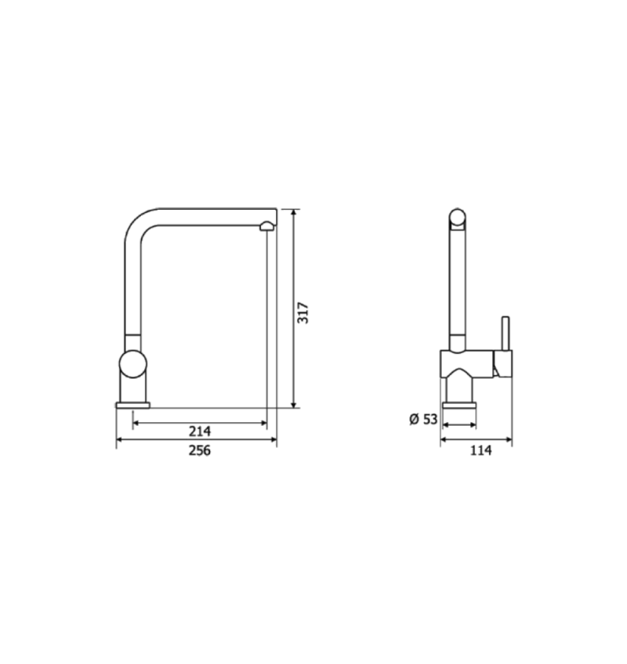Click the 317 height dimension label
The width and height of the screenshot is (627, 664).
tap(303, 312)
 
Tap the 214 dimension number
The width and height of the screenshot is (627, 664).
tap(200, 431)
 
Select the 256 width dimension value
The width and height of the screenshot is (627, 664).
tap(200, 450)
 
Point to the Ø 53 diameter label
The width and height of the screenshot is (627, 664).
tap(423, 419)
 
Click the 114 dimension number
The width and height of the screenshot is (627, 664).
tap(480, 450)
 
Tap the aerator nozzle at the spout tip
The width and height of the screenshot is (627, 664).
tap(266, 226)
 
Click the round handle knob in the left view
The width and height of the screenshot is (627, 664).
tap(132, 364)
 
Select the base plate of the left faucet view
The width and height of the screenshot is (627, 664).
tap(132, 406)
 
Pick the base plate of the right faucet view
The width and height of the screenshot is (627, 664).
tap(458, 406)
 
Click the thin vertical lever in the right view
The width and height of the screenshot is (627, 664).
tap(506, 334)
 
